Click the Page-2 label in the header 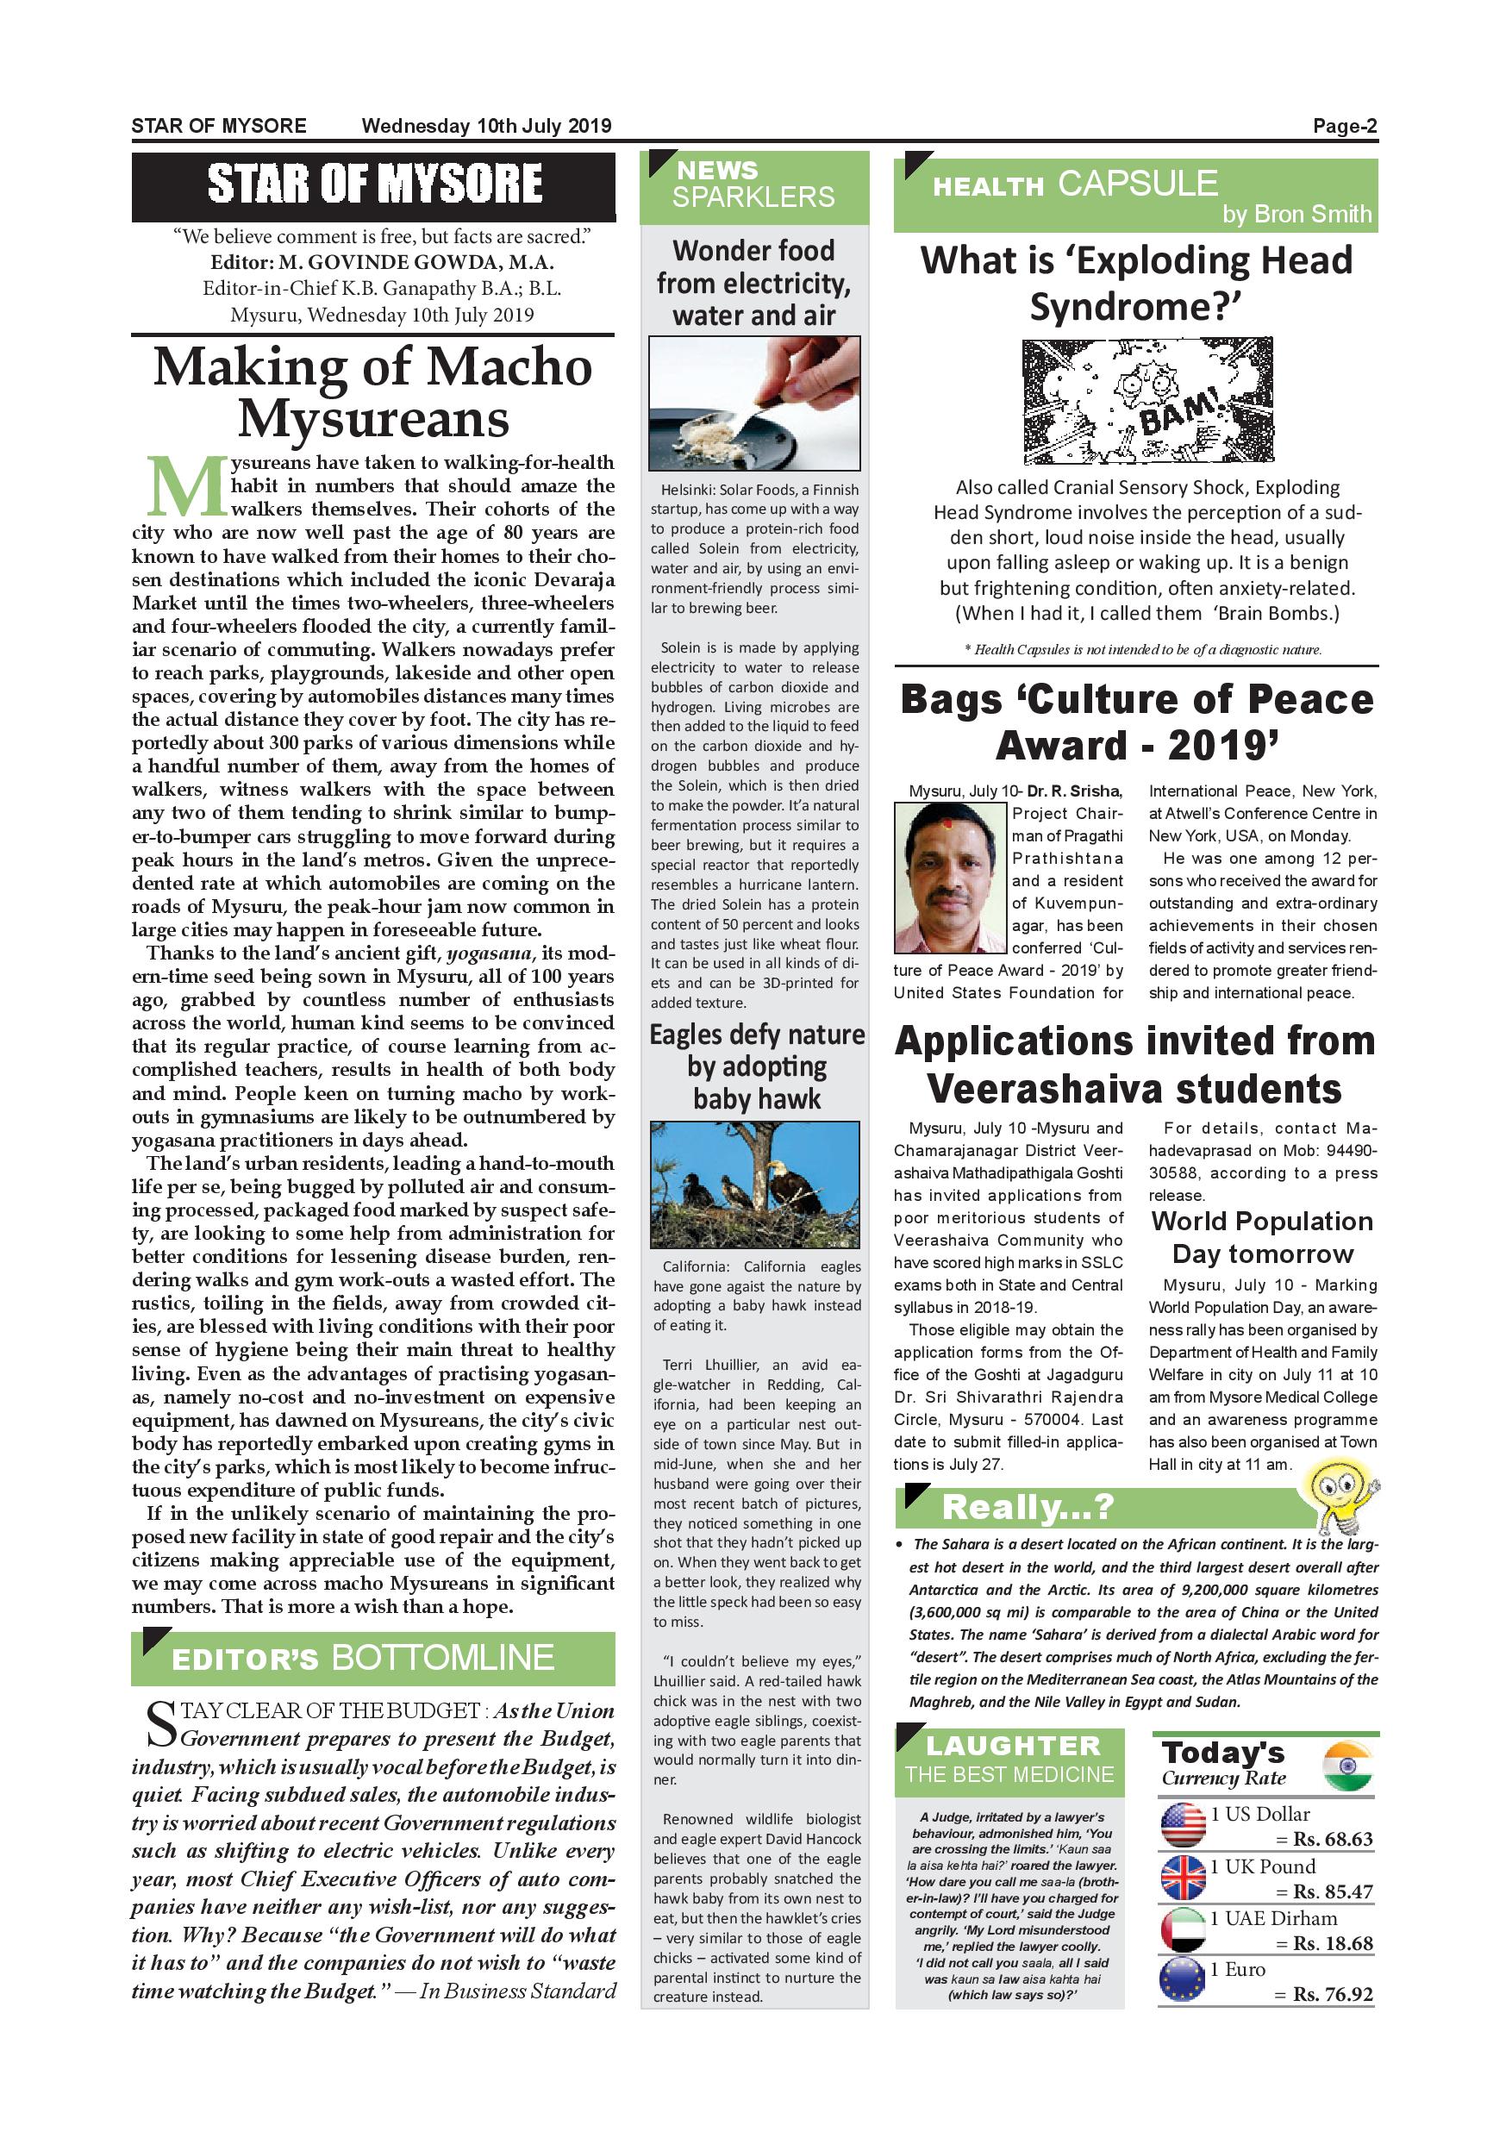pos(1344,127)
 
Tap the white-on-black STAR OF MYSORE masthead pos(373,184)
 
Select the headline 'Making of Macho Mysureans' pos(373,392)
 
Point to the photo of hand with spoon pos(754,403)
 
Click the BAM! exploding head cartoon pos(1147,402)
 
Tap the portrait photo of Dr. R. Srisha pos(951,876)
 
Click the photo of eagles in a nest pos(755,1185)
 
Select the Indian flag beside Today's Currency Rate pos(1346,1766)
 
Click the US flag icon pos(1184,1825)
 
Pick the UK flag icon pos(1184,1878)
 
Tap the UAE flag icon pos(1184,1929)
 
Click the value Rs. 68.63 pos(1333,1840)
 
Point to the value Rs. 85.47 pos(1333,1892)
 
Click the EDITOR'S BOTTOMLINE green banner pos(373,1658)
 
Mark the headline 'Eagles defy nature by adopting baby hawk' pos(756,1066)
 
